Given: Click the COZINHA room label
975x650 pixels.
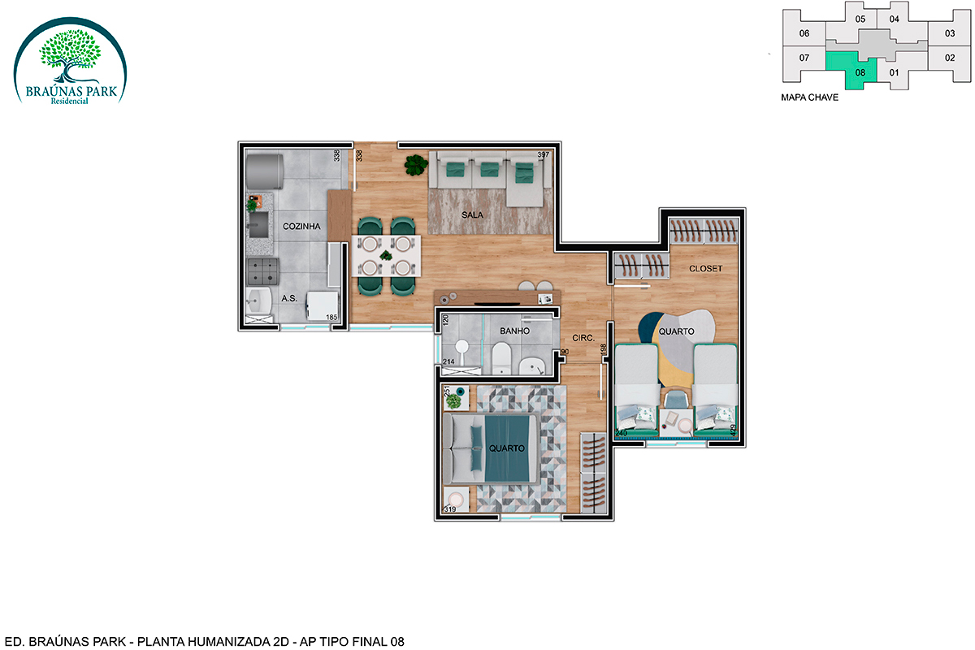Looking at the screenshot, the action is point(301,227).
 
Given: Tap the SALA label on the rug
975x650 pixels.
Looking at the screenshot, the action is point(472,214).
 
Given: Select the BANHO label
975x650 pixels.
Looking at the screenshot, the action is point(514,331).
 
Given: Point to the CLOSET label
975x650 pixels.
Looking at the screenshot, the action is point(705,269).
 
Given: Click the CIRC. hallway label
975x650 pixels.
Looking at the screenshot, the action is point(583,338).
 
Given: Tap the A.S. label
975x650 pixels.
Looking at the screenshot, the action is point(289,298).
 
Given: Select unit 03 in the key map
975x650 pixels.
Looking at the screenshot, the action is point(950,33).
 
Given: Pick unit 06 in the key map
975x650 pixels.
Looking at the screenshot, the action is point(804,33).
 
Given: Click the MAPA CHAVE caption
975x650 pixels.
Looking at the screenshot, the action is point(809,97).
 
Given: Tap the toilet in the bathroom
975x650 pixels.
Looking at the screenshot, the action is point(501,357).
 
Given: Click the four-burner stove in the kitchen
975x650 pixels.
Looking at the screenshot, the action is point(262,271).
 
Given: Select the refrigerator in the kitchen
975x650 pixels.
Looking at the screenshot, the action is point(265,171).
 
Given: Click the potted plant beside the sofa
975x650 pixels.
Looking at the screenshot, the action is point(416,165).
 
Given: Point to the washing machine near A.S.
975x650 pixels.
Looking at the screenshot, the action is point(322,305).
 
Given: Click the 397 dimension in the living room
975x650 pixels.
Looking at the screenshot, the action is point(544,154).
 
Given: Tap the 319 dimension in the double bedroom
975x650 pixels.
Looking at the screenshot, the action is point(450,509).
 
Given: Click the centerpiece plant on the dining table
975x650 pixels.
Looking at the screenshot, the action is point(386,256).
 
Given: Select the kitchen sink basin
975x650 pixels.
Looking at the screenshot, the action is point(258,224).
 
